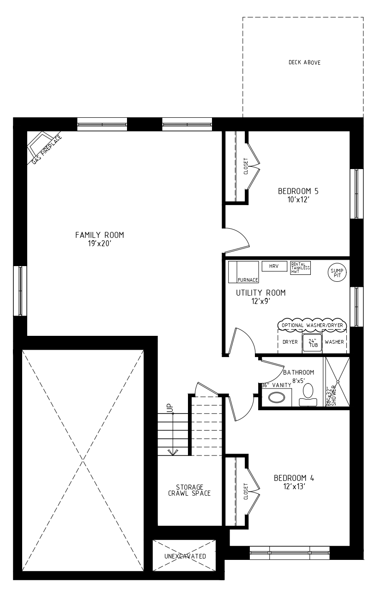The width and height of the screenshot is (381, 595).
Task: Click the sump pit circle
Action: [x=337, y=273]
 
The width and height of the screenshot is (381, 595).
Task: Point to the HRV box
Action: [x=274, y=266]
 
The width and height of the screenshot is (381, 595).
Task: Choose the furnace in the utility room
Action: [x=243, y=272]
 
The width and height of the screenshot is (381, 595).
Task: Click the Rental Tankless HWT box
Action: [x=300, y=268]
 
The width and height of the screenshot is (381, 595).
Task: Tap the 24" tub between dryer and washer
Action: [x=313, y=343]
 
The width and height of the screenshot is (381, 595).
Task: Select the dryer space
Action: [x=290, y=342]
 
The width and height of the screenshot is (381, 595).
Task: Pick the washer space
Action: [x=334, y=342]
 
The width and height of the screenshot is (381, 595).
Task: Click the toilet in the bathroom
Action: [x=308, y=395]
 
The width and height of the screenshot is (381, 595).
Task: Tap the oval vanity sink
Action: [x=277, y=398]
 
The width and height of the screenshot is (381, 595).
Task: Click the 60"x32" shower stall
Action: [x=338, y=382]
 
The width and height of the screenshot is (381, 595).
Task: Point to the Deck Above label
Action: [x=304, y=63]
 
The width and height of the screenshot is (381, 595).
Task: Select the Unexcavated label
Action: [x=185, y=556]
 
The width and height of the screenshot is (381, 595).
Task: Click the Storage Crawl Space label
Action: [x=189, y=490]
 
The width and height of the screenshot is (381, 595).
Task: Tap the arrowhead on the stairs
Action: [x=173, y=452]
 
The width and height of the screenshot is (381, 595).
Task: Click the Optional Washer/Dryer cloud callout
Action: [x=312, y=325]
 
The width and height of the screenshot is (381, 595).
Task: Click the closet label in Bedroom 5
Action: [x=246, y=166]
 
